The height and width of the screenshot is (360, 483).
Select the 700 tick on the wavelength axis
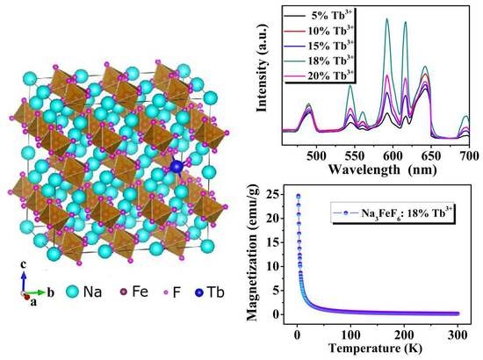469,151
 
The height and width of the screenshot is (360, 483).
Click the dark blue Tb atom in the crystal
176,167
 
